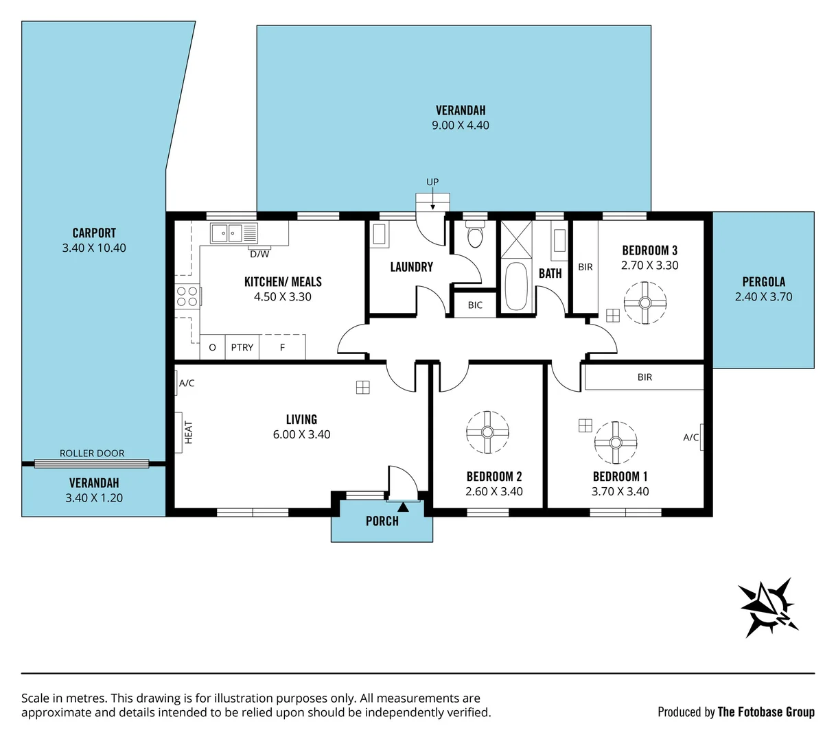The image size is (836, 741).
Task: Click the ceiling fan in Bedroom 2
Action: pos(487,432)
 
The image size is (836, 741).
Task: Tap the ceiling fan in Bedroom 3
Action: pos(645,303)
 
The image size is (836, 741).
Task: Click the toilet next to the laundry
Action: pos(474,237)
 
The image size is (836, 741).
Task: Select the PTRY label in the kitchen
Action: pos(242,347)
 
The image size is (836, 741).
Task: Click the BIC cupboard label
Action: pos(475,305)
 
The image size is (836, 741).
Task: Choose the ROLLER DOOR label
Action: pos(92,454)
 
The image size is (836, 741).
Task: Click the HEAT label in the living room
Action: pos(189,432)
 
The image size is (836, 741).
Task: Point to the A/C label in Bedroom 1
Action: pos(690,437)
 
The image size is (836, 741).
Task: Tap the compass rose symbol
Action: pos(767,607)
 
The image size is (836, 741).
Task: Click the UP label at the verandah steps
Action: pos(432,182)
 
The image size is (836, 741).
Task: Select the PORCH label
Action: pos(382,521)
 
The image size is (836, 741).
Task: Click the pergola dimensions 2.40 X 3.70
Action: pos(763,296)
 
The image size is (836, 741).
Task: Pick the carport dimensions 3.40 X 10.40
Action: pos(94,248)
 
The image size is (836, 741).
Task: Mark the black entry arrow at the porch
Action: pos(402,507)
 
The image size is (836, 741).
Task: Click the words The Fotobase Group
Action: pos(766,711)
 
